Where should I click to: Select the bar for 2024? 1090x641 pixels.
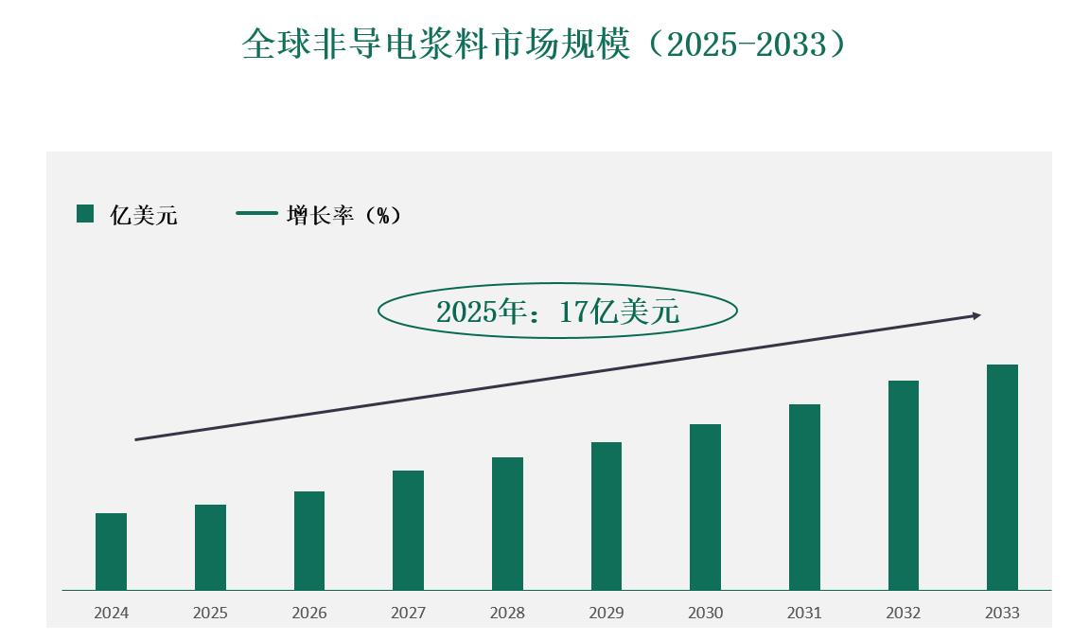point(111,551)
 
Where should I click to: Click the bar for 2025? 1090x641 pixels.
point(210,547)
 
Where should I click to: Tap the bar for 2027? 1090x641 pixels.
point(408,530)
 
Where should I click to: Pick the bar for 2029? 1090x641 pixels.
point(607,516)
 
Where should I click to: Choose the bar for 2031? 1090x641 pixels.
point(804,497)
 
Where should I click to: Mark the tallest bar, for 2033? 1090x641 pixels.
point(1002,477)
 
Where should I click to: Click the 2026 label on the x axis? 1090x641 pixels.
point(309,614)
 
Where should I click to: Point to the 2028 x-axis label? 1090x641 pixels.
point(507,614)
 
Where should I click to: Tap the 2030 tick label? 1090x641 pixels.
point(706,614)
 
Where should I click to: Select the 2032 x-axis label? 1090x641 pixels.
point(904,614)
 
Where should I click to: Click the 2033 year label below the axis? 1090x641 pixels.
point(1002,614)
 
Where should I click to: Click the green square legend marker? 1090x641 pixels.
point(85,214)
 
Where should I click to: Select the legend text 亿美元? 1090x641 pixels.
point(144,216)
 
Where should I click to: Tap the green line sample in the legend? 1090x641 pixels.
point(256,214)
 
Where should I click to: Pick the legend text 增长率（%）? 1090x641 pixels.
point(344,216)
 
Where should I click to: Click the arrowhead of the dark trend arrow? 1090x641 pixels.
point(977,315)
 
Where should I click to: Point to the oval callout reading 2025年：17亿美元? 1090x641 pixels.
point(557,311)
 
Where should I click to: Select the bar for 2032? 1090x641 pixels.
point(904,485)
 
